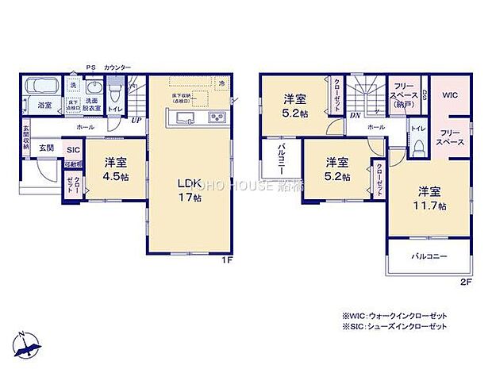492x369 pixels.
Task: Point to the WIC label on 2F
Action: pyautogui.click(x=450, y=95)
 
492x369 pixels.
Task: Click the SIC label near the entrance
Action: pyautogui.click(x=72, y=149)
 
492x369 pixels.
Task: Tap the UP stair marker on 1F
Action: pyautogui.click(x=136, y=121)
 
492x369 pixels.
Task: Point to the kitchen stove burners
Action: pyautogui.click(x=217, y=118)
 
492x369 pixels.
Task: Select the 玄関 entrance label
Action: pyautogui.click(x=47, y=148)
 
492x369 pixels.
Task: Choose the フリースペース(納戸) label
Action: pyautogui.click(x=400, y=94)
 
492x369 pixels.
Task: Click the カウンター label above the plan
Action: pyautogui.click(x=117, y=69)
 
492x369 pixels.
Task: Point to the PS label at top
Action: pyautogui.click(x=89, y=69)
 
